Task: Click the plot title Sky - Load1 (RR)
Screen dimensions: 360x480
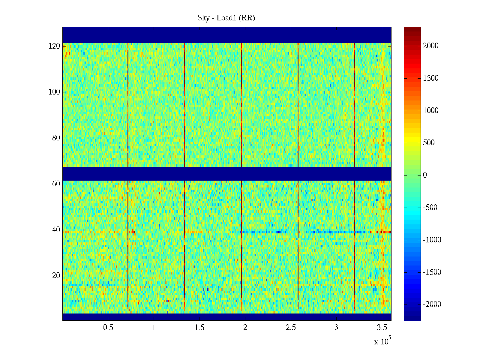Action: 226,18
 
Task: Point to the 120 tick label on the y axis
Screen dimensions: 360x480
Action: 54,46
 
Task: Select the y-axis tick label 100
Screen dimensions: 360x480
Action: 54,92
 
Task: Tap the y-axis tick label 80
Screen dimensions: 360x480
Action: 56,138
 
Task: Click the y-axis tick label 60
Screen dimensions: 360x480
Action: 56,184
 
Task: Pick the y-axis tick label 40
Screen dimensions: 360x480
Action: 56,230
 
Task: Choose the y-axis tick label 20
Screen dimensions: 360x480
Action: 56,276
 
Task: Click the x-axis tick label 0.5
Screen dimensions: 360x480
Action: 108,328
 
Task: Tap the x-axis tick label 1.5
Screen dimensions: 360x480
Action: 199,328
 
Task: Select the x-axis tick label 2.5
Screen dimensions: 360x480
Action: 291,328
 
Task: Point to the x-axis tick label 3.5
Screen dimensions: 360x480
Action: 382,328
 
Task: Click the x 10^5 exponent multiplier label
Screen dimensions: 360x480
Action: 382,341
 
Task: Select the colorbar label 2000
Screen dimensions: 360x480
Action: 431,46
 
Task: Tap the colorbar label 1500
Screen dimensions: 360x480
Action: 431,78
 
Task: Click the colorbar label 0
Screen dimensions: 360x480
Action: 425,175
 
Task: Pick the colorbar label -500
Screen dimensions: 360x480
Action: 432,208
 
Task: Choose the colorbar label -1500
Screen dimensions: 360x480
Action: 432,272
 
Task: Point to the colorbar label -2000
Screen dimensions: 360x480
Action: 432,304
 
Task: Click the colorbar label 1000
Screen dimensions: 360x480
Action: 431,111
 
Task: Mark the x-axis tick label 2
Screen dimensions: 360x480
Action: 245,328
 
